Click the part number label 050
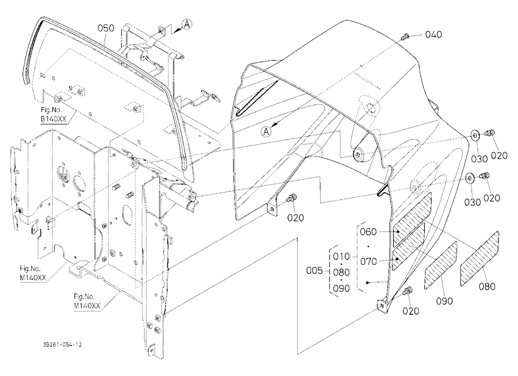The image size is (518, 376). [106, 28]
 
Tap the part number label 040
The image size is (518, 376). [434, 34]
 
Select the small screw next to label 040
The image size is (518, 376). [405, 36]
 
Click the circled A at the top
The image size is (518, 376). [187, 24]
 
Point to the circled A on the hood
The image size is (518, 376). [266, 132]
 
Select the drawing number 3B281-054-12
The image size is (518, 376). [62, 344]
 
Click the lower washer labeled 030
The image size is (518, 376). [470, 178]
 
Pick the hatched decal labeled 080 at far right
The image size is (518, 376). [480, 259]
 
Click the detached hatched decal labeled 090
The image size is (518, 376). [441, 266]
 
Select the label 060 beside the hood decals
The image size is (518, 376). [368, 232]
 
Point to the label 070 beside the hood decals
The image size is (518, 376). [368, 262]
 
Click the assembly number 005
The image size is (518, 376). [314, 271]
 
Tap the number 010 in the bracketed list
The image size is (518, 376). [341, 256]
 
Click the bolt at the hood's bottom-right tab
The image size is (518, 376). [408, 292]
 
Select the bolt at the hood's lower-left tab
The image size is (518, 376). [292, 198]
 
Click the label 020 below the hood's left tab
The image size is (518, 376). [295, 218]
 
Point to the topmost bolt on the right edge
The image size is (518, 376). [490, 133]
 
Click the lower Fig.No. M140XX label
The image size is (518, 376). [87, 301]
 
